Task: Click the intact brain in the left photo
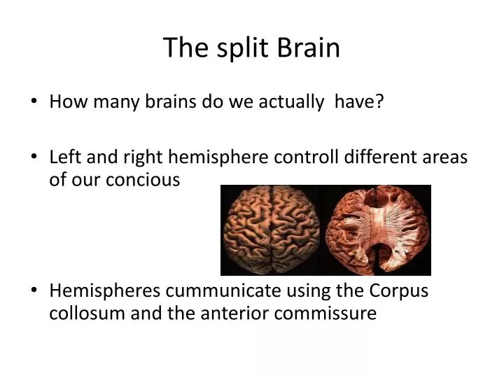coord(272,230)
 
